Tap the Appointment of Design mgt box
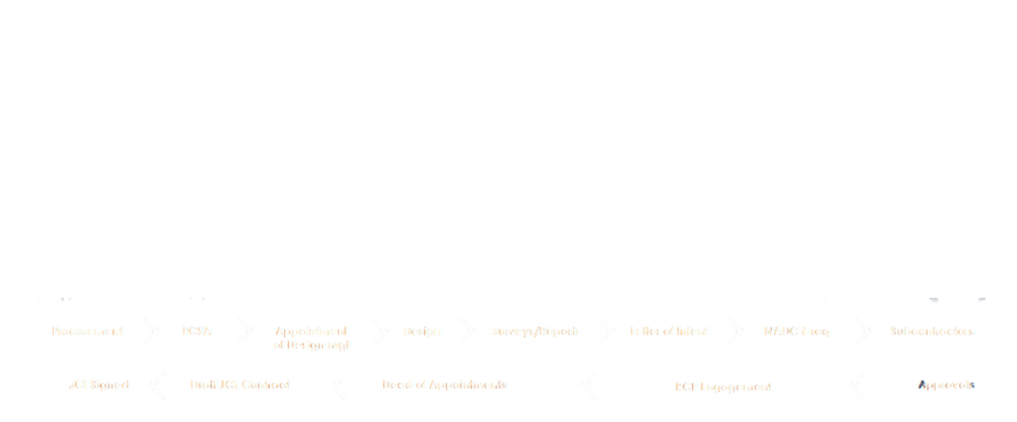309,336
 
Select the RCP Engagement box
723,383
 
